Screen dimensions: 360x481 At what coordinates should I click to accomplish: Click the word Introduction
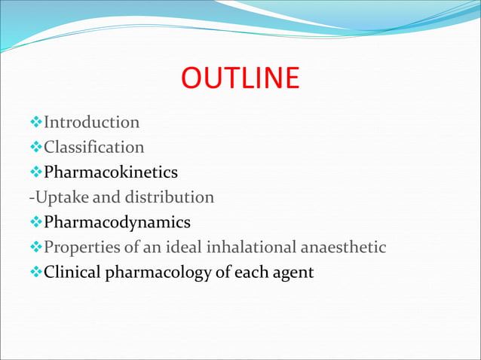pyautogui.click(x=92, y=122)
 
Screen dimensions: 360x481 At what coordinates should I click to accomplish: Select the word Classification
pyautogui.click(x=94, y=147)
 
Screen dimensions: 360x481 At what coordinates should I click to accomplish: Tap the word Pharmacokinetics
pyautogui.click(x=111, y=172)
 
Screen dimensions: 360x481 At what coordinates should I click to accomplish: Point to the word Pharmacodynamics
pyautogui.click(x=117, y=223)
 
